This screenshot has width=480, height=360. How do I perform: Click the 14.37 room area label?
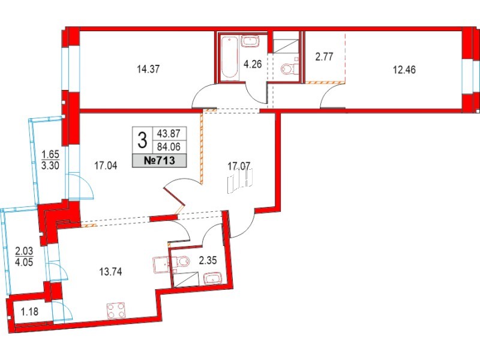[149, 68]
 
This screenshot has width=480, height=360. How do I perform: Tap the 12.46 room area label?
[404, 68]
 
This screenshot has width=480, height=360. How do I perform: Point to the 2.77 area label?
[325, 59]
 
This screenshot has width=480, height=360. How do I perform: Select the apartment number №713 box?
[160, 160]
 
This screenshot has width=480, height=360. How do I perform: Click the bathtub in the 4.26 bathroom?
[229, 59]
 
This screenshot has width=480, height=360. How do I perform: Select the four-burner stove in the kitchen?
[116, 310]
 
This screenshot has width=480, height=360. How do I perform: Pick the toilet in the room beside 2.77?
[290, 70]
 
